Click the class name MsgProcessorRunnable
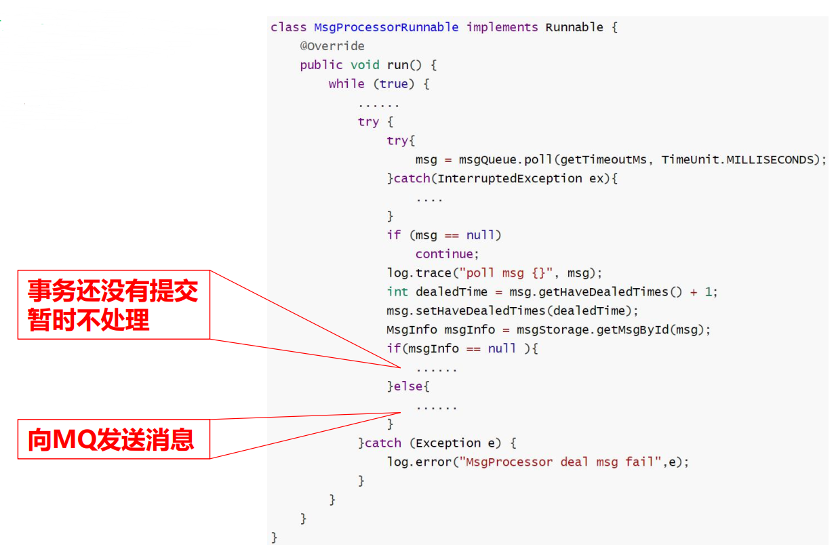386,27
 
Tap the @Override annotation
332,46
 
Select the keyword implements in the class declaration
502,27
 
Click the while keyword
346,84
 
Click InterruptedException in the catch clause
509,178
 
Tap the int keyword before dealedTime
397,292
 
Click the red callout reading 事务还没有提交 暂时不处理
113,304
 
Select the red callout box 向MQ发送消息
113,439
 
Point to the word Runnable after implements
574,27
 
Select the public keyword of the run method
321,65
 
